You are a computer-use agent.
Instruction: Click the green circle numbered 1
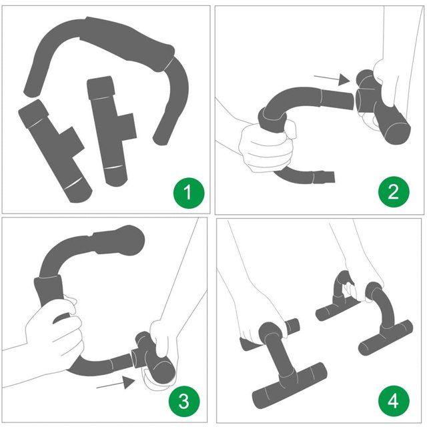189,193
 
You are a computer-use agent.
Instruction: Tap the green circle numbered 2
394,191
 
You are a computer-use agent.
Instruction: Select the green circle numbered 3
184,401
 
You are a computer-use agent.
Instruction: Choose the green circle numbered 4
394,401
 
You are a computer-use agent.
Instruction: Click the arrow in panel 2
332,79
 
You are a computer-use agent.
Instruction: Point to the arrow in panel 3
115,383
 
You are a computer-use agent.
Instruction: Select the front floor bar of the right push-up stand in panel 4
386,338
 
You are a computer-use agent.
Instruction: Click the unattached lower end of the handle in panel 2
324,177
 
